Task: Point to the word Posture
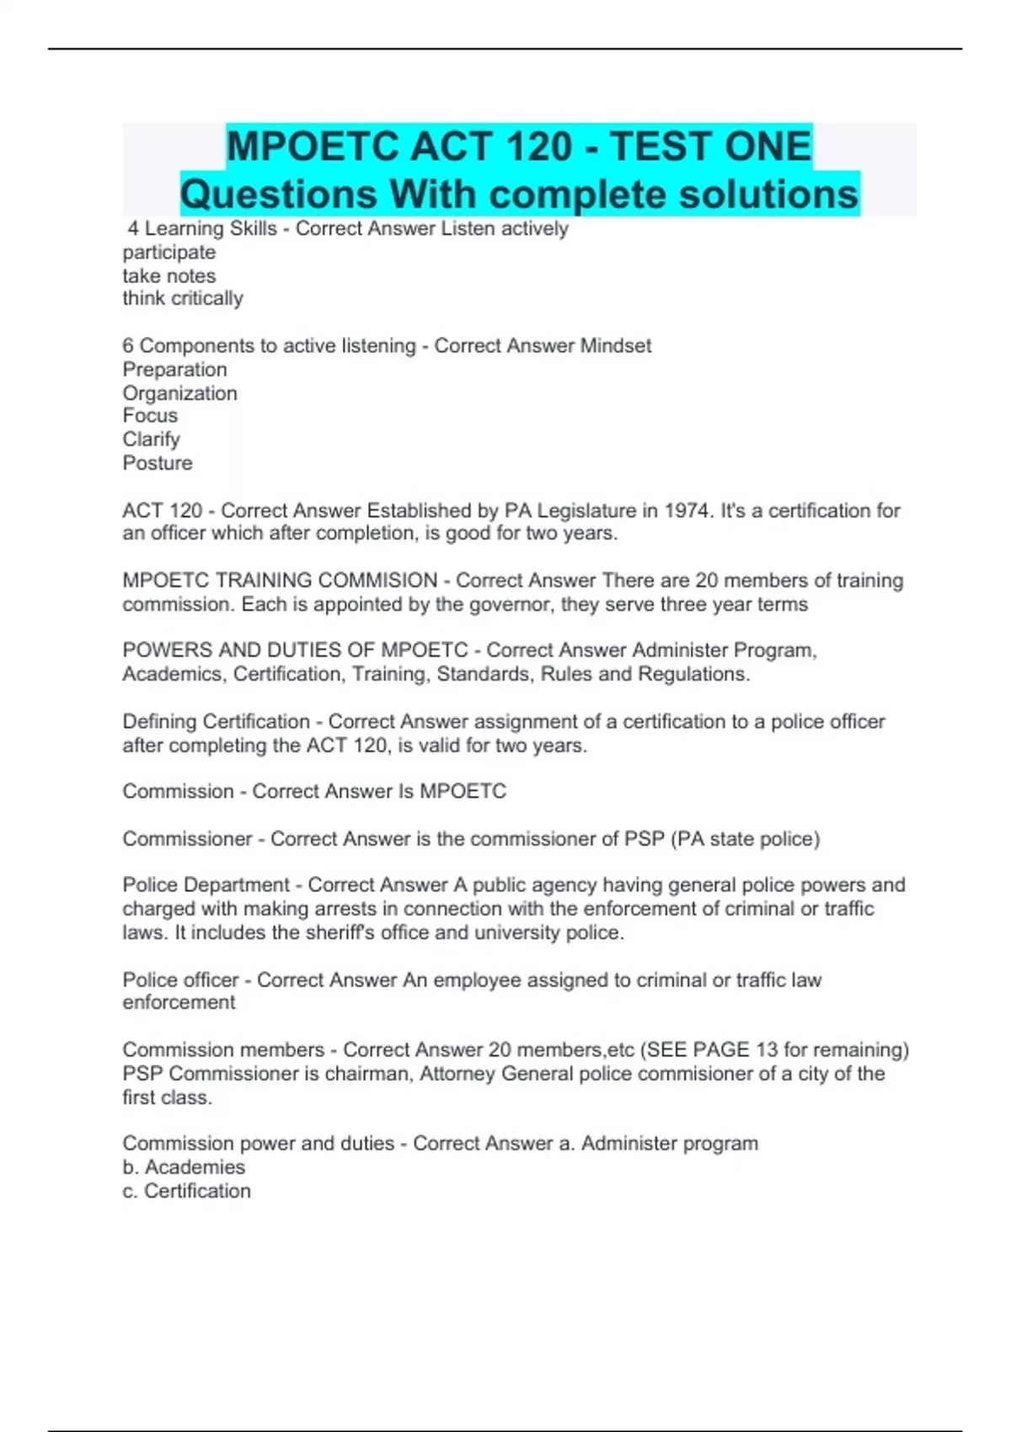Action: point(158,462)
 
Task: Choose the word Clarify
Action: point(152,439)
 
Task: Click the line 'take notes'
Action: point(169,275)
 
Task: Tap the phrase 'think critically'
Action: point(183,298)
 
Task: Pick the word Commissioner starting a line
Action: point(187,839)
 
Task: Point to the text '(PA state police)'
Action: point(746,839)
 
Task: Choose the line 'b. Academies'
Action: point(184,1167)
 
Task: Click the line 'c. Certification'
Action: point(186,1190)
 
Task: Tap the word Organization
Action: point(180,393)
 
